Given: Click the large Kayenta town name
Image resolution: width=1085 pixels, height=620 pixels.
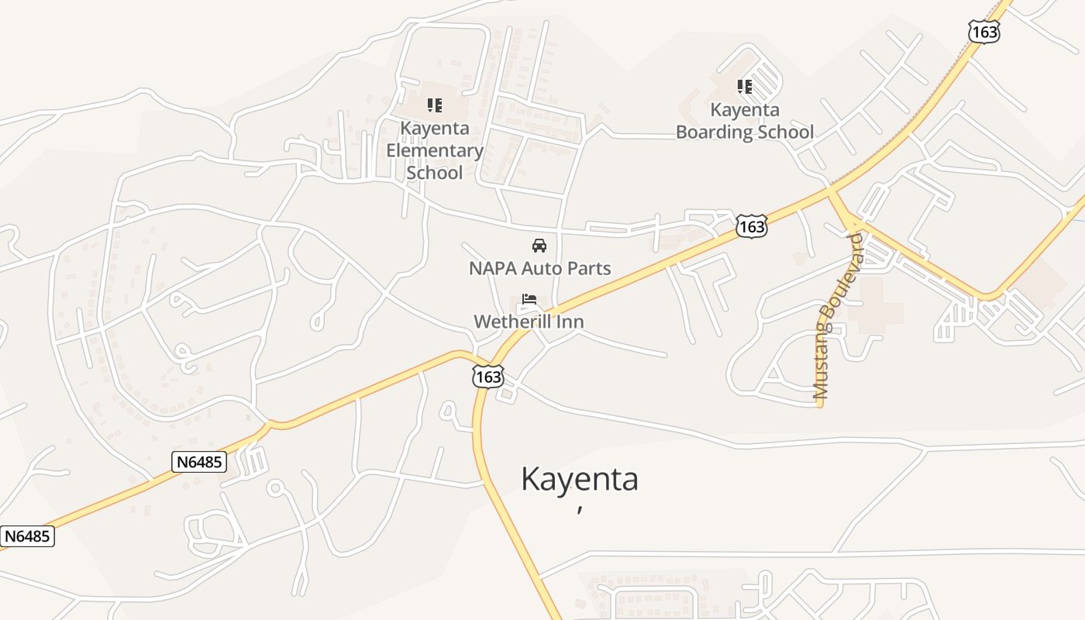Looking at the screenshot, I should click(x=580, y=479).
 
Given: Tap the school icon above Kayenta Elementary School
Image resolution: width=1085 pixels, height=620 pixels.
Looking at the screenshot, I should click(x=435, y=105).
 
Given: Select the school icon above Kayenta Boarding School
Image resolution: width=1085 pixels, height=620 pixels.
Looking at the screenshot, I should click(x=745, y=86).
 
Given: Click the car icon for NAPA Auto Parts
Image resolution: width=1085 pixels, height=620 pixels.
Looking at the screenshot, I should click(x=539, y=246).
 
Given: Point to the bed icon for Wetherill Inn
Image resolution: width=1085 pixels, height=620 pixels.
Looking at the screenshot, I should click(x=529, y=298).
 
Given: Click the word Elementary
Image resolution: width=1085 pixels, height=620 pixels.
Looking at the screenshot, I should click(x=435, y=150).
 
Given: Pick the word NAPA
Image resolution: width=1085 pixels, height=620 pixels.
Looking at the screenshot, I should click(x=491, y=269).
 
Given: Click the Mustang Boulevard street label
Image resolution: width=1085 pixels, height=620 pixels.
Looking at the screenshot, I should click(x=832, y=316).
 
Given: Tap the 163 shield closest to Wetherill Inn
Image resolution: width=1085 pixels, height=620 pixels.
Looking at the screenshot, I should click(x=489, y=377).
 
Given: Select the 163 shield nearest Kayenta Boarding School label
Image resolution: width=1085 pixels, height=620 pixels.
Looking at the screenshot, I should click(x=752, y=226).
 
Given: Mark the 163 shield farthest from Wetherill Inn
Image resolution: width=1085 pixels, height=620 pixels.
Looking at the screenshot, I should click(x=983, y=32).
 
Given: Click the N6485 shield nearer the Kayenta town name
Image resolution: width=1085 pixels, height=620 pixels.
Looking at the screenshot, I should click(x=199, y=462).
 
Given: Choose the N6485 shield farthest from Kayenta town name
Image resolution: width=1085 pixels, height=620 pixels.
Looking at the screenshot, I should click(x=29, y=536).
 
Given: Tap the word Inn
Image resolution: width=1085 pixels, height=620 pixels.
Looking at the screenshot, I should click(x=570, y=321).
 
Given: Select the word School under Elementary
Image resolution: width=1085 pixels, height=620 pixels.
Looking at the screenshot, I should click(x=435, y=172).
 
